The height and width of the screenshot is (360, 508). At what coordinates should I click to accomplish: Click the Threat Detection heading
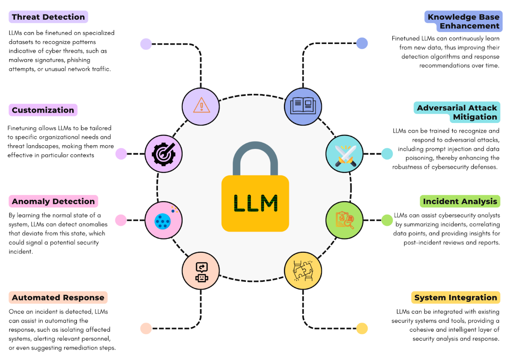pyautogui.click(x=48, y=17)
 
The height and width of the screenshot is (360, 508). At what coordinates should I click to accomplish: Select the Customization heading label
pyautogui.click(x=43, y=110)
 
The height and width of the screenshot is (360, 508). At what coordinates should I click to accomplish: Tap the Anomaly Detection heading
pyautogui.click(x=53, y=202)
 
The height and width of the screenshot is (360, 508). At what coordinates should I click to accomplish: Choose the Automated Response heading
pyautogui.click(x=58, y=297)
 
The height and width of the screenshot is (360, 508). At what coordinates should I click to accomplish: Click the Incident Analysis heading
pyautogui.click(x=460, y=202)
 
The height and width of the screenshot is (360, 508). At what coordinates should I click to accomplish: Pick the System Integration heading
pyautogui.click(x=456, y=297)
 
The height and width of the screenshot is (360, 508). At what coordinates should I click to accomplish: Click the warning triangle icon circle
pyautogui.click(x=201, y=106)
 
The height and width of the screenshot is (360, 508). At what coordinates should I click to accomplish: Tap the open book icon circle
pyautogui.click(x=304, y=106)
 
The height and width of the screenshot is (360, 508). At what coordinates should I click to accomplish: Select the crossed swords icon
pyautogui.click(x=345, y=154)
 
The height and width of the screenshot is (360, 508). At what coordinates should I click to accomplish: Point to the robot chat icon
pyautogui.click(x=201, y=271)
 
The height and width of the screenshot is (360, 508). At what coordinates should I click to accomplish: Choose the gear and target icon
pyautogui.click(x=163, y=154)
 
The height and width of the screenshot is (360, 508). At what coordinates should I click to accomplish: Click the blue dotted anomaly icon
pyautogui.click(x=163, y=220)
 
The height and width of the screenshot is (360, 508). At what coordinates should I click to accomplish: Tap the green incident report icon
pyautogui.click(x=345, y=220)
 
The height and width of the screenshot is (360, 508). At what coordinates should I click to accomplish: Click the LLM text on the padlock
pyautogui.click(x=255, y=203)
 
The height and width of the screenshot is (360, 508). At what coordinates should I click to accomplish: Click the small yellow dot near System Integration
pyautogui.click(x=362, y=328)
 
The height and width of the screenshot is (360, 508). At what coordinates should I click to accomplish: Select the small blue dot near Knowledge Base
pyautogui.click(x=362, y=43)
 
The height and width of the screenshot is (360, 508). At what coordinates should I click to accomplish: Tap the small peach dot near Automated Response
pyautogui.click(x=146, y=328)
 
